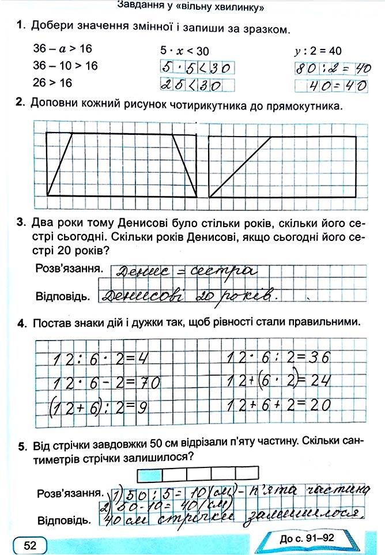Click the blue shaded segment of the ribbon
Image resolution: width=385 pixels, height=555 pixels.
150,474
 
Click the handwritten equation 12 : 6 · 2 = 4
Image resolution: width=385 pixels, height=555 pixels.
101,359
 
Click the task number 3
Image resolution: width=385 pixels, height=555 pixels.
20,223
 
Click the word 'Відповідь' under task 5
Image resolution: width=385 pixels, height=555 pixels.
63,520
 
